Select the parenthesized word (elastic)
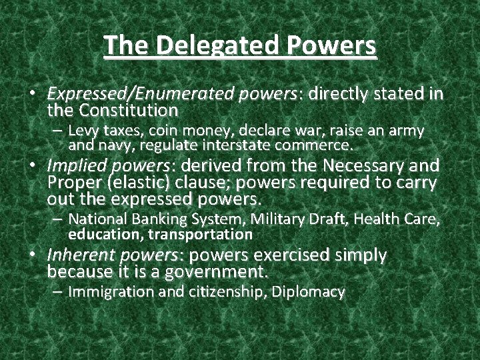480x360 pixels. [134, 183]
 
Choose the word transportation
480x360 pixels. [200, 235]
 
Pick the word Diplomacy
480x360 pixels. [315, 292]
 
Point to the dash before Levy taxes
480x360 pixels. [59, 131]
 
